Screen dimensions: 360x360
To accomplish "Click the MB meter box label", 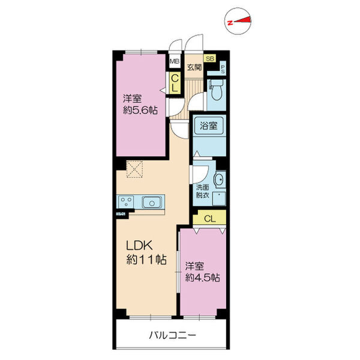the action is [175, 62].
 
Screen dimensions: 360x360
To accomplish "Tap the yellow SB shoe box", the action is [210, 59].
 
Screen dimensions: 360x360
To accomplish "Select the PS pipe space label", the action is [223, 68].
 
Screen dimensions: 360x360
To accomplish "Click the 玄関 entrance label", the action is [194, 67].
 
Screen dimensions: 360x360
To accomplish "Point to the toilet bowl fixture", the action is [216, 90].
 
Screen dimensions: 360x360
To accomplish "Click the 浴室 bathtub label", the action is [209, 126].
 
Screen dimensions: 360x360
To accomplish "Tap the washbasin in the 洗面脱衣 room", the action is [220, 179].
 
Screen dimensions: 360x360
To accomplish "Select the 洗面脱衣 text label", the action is [203, 191].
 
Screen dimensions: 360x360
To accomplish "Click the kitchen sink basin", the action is [151, 202].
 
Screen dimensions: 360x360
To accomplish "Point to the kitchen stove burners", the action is [126, 202].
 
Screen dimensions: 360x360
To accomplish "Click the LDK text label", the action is [139, 245].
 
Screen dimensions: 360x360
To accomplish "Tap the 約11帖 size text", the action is [146, 260].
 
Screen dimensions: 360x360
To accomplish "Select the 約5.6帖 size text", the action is [140, 110].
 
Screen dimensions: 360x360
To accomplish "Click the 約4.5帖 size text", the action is [203, 278].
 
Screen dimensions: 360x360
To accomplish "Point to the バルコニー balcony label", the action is [172, 335].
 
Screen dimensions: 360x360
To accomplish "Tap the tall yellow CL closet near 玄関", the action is [175, 83].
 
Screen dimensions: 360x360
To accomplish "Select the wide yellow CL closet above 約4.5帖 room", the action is [209, 218].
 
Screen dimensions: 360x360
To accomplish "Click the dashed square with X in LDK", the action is [135, 169].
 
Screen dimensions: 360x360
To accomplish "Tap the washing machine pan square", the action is [219, 199].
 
